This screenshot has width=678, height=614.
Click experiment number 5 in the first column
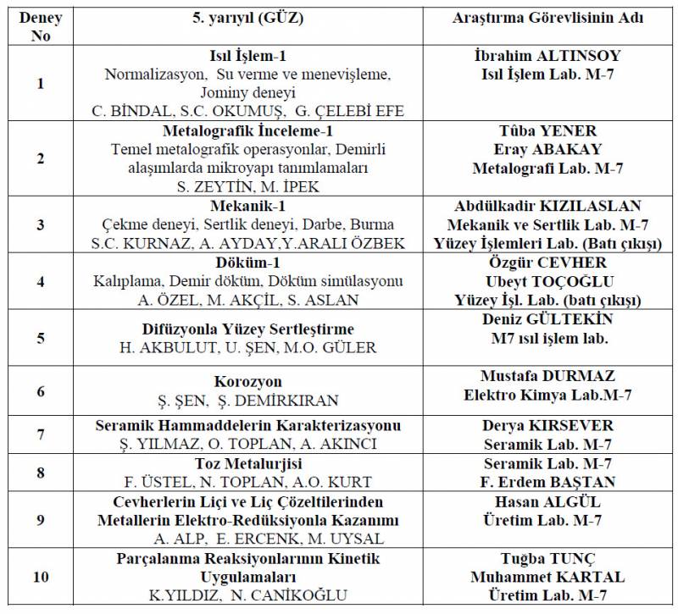[41, 337]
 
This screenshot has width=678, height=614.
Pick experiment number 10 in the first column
[41, 577]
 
